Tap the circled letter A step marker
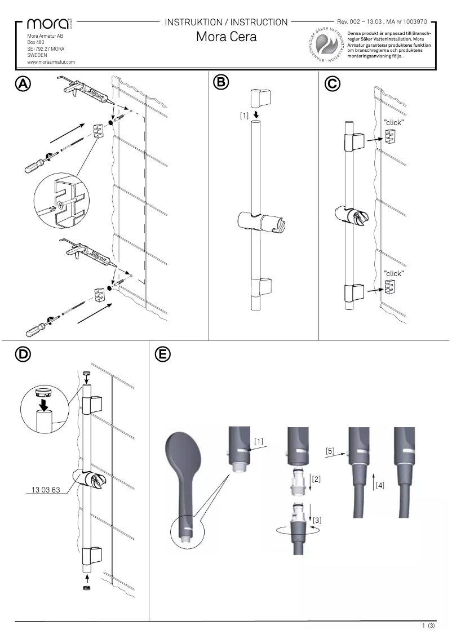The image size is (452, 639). [x=23, y=83]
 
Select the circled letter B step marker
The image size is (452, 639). [x=221, y=82]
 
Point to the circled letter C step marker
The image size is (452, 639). [x=333, y=83]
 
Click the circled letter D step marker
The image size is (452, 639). [x=23, y=354]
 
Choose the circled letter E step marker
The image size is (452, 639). [x=162, y=354]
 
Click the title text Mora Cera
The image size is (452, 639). [x=226, y=37]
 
